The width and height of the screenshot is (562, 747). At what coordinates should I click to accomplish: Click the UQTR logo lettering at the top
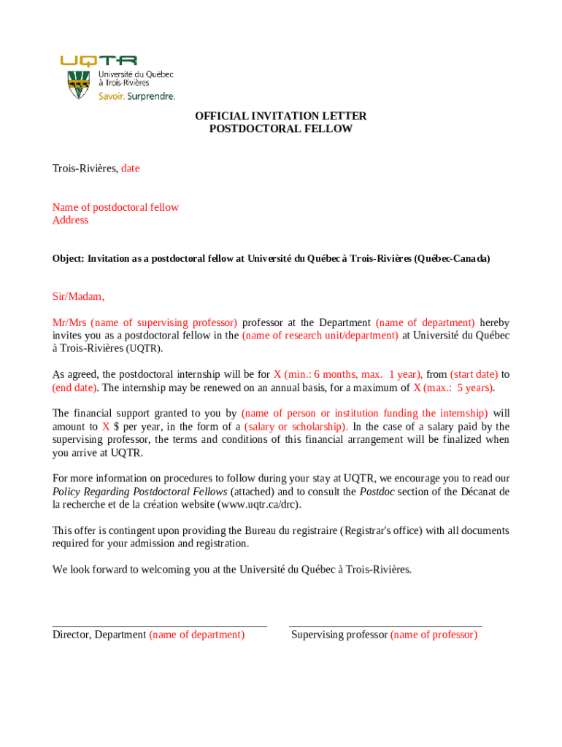pos(99,61)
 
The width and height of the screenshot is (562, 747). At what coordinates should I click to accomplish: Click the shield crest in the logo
pos(78,85)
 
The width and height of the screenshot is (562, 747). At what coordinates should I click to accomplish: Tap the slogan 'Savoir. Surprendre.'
pos(137,96)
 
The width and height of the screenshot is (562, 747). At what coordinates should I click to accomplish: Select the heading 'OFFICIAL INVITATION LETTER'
pos(280,116)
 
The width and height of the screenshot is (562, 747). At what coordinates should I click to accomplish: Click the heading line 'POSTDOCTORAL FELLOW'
pos(280,129)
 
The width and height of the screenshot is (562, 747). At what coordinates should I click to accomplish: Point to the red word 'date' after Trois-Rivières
pos(130,169)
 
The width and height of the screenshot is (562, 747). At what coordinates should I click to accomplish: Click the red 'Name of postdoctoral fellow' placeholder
pos(115,207)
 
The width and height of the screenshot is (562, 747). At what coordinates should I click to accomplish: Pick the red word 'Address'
pos(70,220)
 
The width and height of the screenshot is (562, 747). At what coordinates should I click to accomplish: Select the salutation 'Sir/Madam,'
pos(78,297)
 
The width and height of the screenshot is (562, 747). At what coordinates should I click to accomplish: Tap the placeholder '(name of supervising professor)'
pos(164,322)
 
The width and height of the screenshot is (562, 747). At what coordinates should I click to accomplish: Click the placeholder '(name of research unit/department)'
pos(320,336)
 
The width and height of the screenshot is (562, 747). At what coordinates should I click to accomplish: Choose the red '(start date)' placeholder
pos(474,374)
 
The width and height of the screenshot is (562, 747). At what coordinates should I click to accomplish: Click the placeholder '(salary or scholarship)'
pos(296,426)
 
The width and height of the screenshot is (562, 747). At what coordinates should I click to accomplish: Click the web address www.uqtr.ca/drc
pos(258,505)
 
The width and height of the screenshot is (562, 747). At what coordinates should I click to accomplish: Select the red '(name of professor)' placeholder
pos(434,635)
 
